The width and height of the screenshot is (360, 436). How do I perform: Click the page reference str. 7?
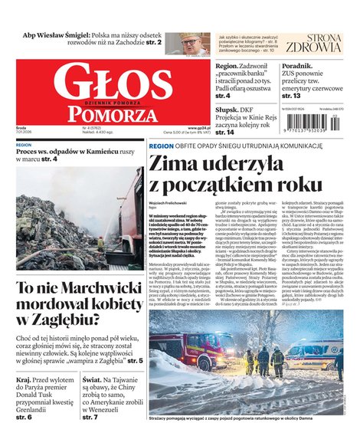tap(90, 418)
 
